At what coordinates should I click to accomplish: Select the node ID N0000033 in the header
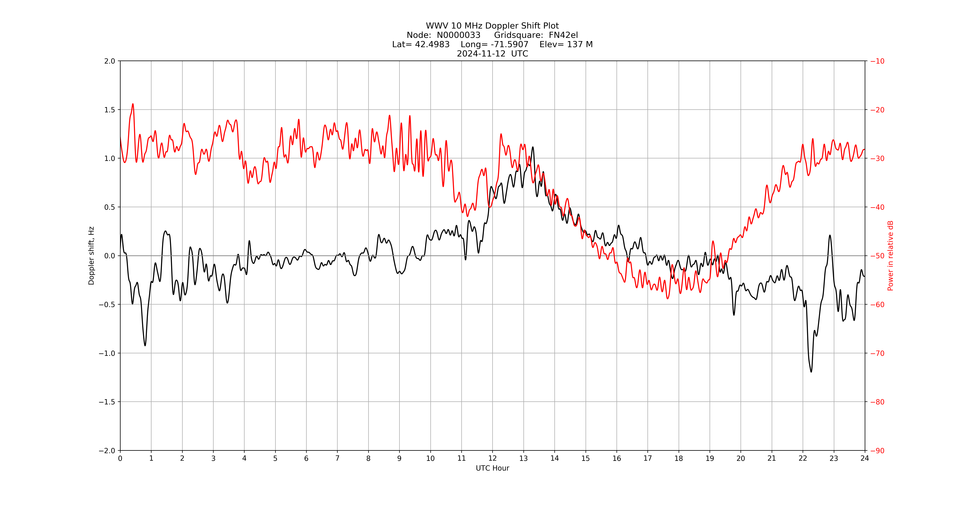click(x=458, y=35)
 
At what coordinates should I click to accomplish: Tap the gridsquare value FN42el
click(x=563, y=35)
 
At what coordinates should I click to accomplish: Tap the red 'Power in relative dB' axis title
click(x=890, y=256)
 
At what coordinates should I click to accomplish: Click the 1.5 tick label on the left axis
click(x=110, y=110)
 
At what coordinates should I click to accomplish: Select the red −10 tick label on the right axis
click(x=877, y=61)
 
